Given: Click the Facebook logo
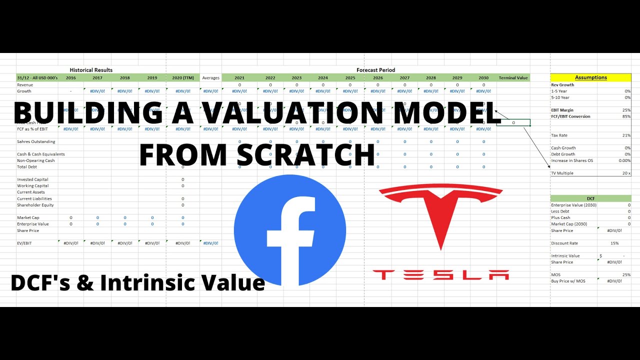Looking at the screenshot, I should point(290,230).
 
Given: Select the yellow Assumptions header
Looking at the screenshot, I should point(590,77).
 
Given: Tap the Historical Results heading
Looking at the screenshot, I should point(91,70).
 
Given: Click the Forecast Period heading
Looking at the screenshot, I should point(375,70).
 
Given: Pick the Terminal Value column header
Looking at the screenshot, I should point(513,78).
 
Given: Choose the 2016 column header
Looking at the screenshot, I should point(71,78).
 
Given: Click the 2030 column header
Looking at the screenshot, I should point(483,78).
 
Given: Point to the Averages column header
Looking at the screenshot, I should point(210,78).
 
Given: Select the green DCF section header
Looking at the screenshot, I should point(590,198).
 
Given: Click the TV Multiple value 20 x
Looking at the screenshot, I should point(625,173).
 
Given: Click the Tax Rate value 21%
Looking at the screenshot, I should point(626,135).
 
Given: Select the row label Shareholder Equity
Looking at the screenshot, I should point(35,205).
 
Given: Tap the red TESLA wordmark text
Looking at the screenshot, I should point(440,274).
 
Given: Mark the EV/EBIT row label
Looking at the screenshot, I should point(25,243).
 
